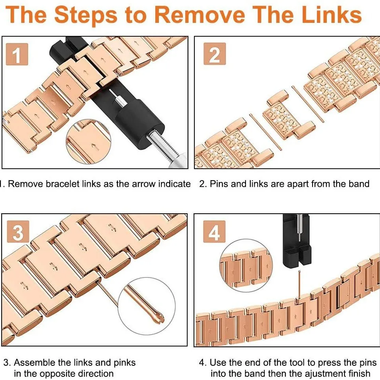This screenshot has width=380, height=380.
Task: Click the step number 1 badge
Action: point(17,54)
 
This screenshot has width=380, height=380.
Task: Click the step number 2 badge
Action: point(215,54)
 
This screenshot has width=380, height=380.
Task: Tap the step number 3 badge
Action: point(18,232)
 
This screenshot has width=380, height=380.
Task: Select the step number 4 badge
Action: point(214,232)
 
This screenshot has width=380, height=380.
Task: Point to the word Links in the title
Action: point(332,15)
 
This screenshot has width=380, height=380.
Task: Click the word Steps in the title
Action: point(86,15)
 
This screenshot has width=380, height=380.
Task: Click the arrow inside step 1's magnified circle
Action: point(94,147)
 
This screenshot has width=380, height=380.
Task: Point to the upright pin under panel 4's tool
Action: point(300,285)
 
